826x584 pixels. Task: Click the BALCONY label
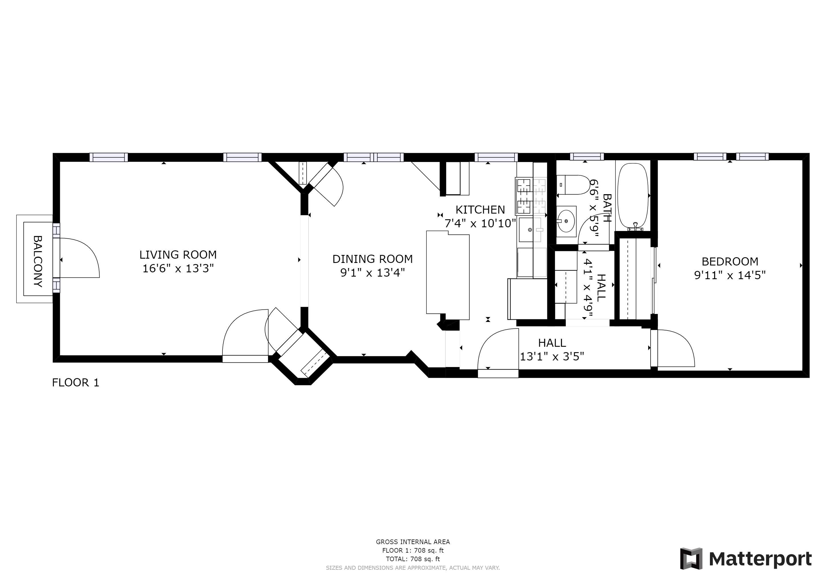point(38,261)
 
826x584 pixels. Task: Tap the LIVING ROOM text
point(178,255)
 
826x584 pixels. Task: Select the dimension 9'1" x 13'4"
point(373,273)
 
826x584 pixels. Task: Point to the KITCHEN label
point(480,209)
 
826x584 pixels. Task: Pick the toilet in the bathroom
point(572,185)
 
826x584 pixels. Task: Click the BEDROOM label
point(730,261)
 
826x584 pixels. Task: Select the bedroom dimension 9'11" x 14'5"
point(730,275)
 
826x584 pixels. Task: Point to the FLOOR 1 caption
point(76,383)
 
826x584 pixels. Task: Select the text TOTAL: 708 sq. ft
point(413,559)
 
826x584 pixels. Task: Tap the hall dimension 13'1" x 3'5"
point(552,356)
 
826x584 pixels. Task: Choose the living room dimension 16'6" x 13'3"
point(178,268)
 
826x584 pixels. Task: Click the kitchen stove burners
point(531,196)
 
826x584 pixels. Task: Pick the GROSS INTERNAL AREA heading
point(413,542)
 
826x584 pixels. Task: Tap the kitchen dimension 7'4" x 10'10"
point(480,223)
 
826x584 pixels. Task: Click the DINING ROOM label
point(373,259)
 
